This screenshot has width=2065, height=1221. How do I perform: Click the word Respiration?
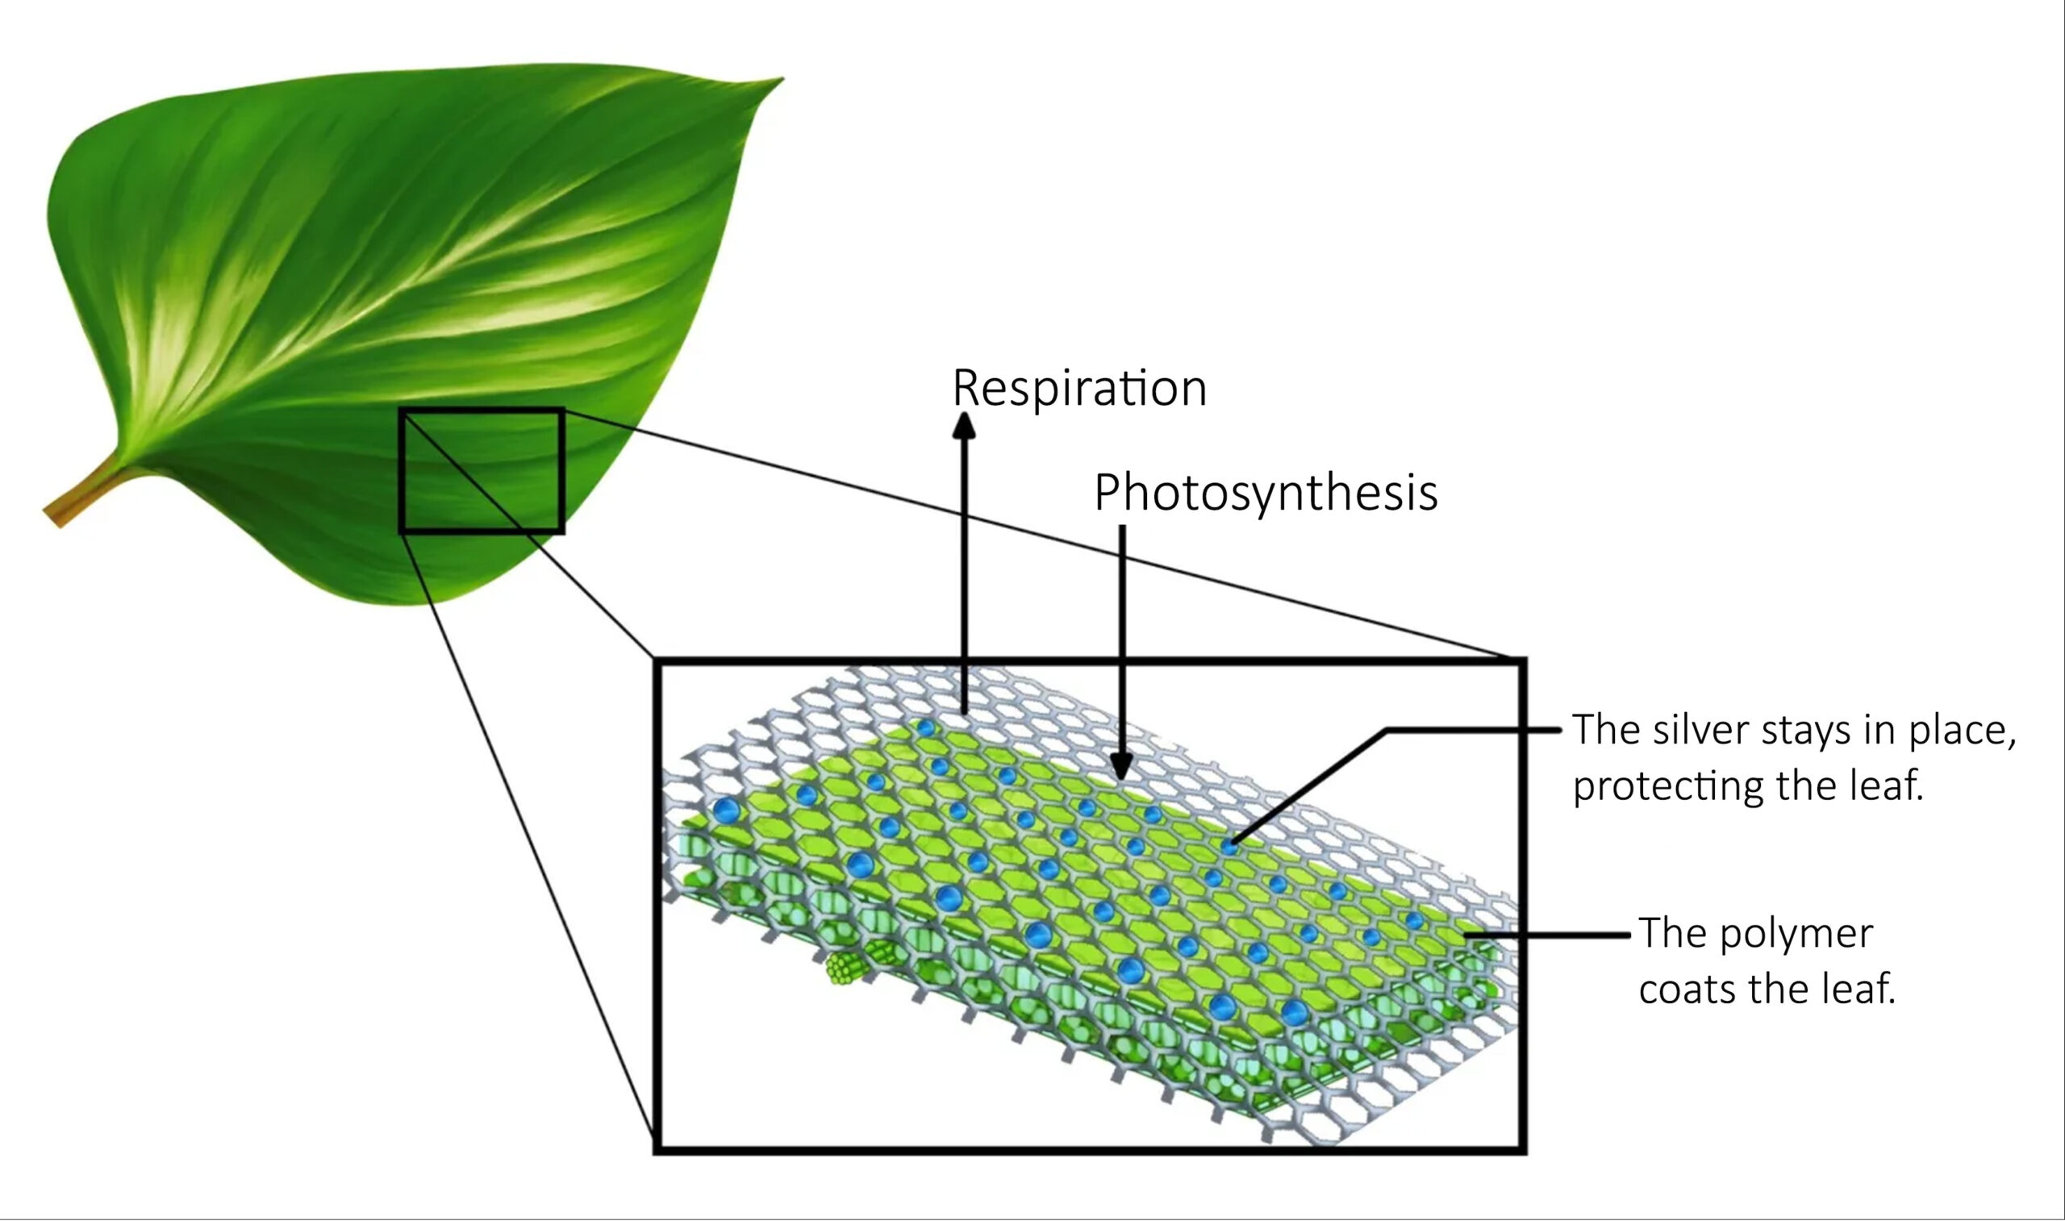click(1078, 389)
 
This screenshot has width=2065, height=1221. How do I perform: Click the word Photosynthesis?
click(1265, 493)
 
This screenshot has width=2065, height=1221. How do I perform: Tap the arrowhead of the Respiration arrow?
click(963, 424)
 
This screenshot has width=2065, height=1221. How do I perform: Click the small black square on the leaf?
click(482, 471)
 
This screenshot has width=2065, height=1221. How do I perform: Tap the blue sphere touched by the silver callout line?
click(1229, 845)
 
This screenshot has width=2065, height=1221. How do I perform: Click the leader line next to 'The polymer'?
click(1546, 935)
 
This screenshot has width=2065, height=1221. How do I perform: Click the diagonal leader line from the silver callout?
click(1308, 786)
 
